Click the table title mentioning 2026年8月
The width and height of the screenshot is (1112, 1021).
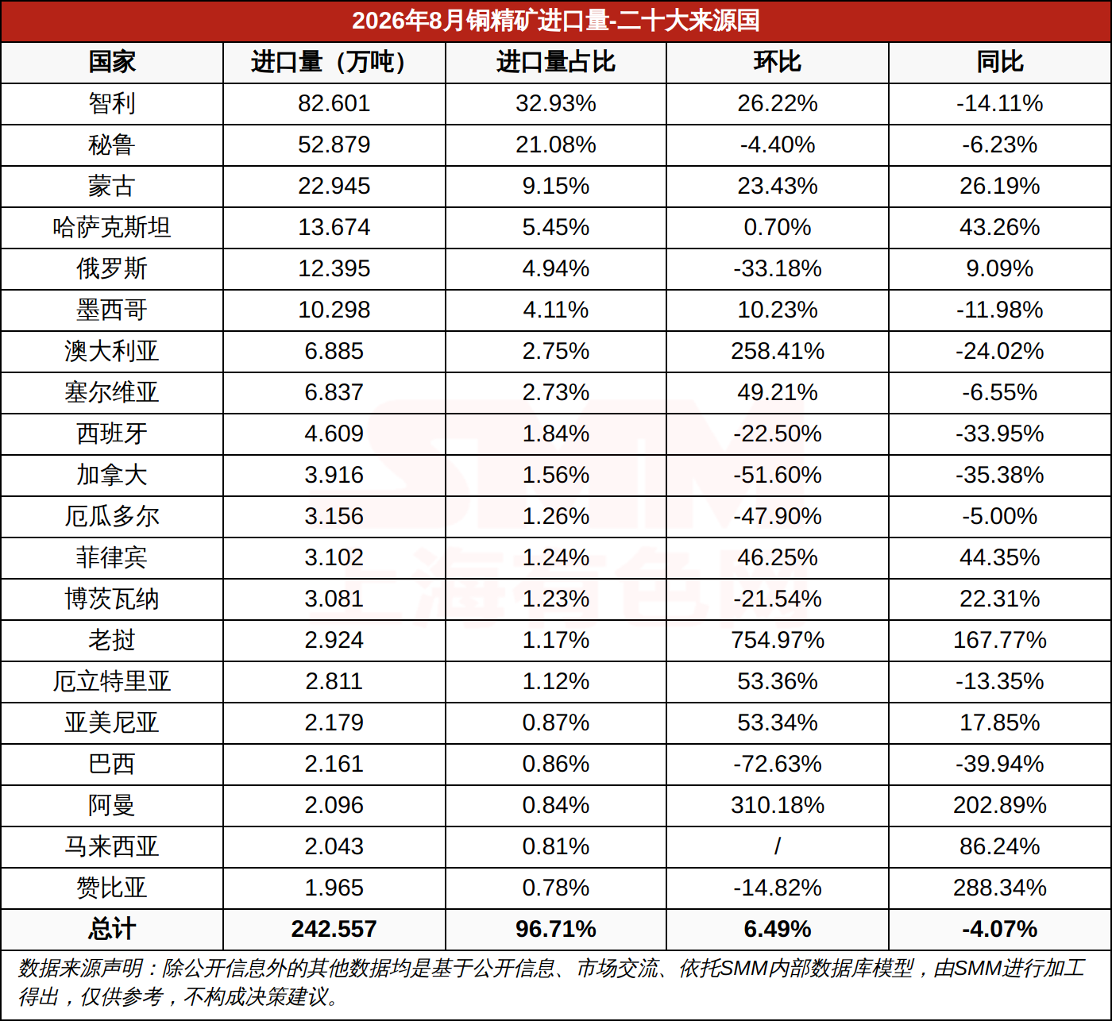point(555,21)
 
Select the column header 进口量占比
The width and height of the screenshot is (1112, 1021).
point(555,62)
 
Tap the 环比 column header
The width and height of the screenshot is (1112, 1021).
point(777,62)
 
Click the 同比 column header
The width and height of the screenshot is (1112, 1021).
point(999,62)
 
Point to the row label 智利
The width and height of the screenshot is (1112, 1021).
point(112,104)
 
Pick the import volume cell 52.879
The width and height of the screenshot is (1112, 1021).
point(334,144)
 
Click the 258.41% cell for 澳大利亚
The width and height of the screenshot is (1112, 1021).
point(777,351)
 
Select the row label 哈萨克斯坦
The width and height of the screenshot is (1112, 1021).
point(112,227)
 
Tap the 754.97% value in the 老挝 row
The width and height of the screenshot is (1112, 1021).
point(777,640)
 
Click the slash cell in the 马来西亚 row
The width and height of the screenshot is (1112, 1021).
point(777,846)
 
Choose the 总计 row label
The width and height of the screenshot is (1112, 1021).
point(112,929)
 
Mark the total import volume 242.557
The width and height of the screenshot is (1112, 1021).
point(334,929)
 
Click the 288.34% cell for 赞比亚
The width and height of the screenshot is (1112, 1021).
point(999,888)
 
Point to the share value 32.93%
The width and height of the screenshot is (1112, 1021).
point(555,104)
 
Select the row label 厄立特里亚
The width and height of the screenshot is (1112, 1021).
point(112,681)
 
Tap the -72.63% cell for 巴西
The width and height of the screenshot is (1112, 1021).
point(777,764)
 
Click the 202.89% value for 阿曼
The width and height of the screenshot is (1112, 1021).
point(999,805)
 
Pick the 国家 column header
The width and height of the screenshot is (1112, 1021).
point(112,62)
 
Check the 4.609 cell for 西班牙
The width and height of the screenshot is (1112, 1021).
point(334,433)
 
